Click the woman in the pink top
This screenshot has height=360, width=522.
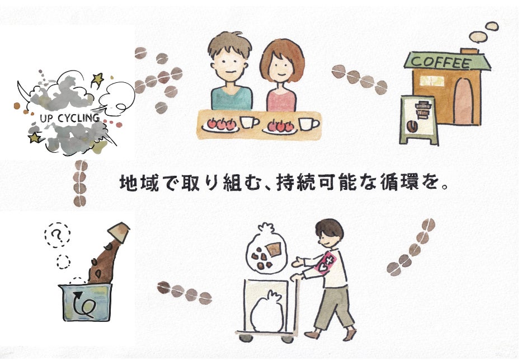tap(281, 78)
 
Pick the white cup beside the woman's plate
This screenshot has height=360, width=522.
tap(307, 123)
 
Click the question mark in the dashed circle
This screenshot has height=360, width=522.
tap(57, 235)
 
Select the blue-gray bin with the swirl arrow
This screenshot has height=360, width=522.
tap(85, 302)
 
